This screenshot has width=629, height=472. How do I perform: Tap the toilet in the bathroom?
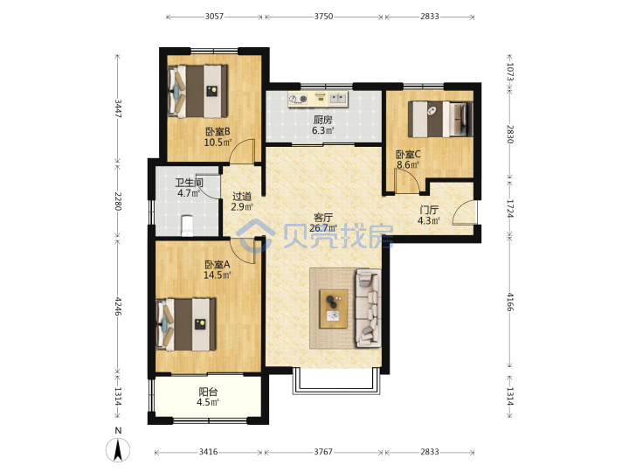(187, 226)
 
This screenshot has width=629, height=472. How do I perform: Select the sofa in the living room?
(368, 308)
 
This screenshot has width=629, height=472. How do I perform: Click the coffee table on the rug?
(334, 309)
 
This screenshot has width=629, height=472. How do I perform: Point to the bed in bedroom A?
(186, 324)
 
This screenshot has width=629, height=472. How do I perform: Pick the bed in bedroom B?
(197, 91)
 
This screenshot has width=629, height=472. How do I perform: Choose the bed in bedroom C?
(440, 119)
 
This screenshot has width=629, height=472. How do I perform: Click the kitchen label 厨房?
(323, 120)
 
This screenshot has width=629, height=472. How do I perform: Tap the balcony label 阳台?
(208, 392)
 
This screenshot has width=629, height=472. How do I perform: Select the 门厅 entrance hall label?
(429, 210)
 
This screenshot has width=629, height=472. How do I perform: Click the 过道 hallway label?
(242, 197)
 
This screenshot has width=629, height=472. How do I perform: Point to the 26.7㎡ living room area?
(323, 228)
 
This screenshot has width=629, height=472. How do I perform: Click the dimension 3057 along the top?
(214, 17)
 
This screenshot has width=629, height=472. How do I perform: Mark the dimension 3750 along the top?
(323, 17)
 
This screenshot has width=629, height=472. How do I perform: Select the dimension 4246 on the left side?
(118, 306)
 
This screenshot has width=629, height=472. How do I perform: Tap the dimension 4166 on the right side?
(510, 302)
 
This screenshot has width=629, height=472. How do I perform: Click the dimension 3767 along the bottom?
(323, 452)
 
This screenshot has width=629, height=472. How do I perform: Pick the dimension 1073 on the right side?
(510, 72)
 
